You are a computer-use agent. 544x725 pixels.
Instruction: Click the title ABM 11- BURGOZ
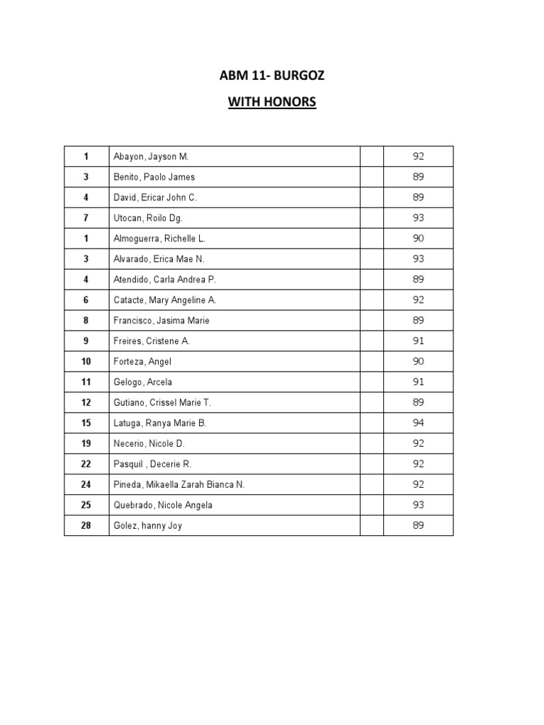pyautogui.click(x=271, y=76)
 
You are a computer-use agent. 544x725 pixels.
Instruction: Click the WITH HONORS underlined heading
pyautogui.click(x=271, y=103)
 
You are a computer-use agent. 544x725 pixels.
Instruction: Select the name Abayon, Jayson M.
pyautogui.click(x=151, y=156)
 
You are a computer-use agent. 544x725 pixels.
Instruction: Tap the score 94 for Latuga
pyautogui.click(x=418, y=423)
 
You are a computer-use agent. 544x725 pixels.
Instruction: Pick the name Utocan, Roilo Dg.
pyautogui.click(x=148, y=218)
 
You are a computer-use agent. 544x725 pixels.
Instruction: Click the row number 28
pyautogui.click(x=86, y=525)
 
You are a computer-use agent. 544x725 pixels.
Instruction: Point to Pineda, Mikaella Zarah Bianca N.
pyautogui.click(x=178, y=484)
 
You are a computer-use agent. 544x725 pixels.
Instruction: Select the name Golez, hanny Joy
pyautogui.click(x=147, y=525)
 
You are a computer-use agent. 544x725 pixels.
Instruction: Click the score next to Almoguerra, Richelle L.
pyautogui.click(x=418, y=239)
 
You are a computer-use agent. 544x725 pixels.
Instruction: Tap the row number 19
pyautogui.click(x=86, y=443)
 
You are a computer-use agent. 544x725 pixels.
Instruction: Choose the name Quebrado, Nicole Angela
pyautogui.click(x=163, y=505)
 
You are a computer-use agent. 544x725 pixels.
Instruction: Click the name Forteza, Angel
pyautogui.click(x=142, y=361)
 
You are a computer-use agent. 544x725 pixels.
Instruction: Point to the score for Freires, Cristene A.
pyautogui.click(x=418, y=341)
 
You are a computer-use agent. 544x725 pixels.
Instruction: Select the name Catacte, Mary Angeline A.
pyautogui.click(x=164, y=300)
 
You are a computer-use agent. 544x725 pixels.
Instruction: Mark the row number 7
pyautogui.click(x=86, y=218)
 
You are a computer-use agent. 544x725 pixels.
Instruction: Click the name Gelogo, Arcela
pyautogui.click(x=142, y=382)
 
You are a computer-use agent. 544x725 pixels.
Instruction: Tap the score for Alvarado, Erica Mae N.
pyautogui.click(x=418, y=259)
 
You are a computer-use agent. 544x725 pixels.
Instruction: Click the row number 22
pyautogui.click(x=86, y=464)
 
